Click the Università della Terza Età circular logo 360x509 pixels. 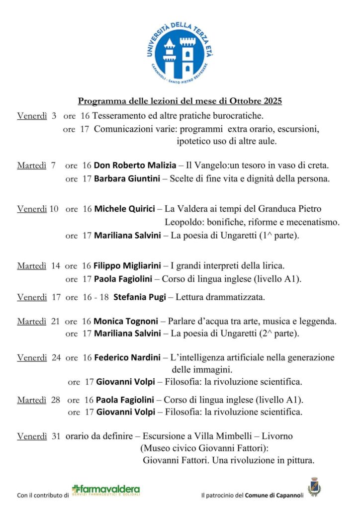180,50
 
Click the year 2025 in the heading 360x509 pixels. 271,101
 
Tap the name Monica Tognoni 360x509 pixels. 126,321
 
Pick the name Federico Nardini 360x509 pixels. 127,357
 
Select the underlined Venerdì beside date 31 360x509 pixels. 32,436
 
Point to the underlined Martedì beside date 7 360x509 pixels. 32,165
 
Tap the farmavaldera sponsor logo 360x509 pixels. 105,490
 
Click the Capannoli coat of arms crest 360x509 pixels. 314,487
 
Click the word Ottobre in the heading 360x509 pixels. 246,101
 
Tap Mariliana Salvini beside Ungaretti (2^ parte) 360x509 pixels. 127,334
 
